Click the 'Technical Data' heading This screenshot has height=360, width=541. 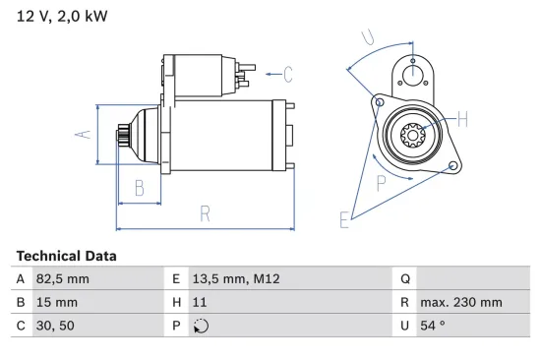point(66,256)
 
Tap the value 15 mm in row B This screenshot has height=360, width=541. point(55,304)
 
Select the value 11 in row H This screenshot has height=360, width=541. point(199,304)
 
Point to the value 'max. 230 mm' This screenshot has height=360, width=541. point(460,304)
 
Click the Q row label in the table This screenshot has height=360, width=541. point(405,279)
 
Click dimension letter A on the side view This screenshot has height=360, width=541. point(85,134)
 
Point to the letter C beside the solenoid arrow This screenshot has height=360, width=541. point(288,72)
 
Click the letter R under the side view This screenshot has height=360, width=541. point(205,212)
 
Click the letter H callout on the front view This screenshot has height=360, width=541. point(463,119)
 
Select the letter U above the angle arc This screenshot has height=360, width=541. point(366,37)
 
